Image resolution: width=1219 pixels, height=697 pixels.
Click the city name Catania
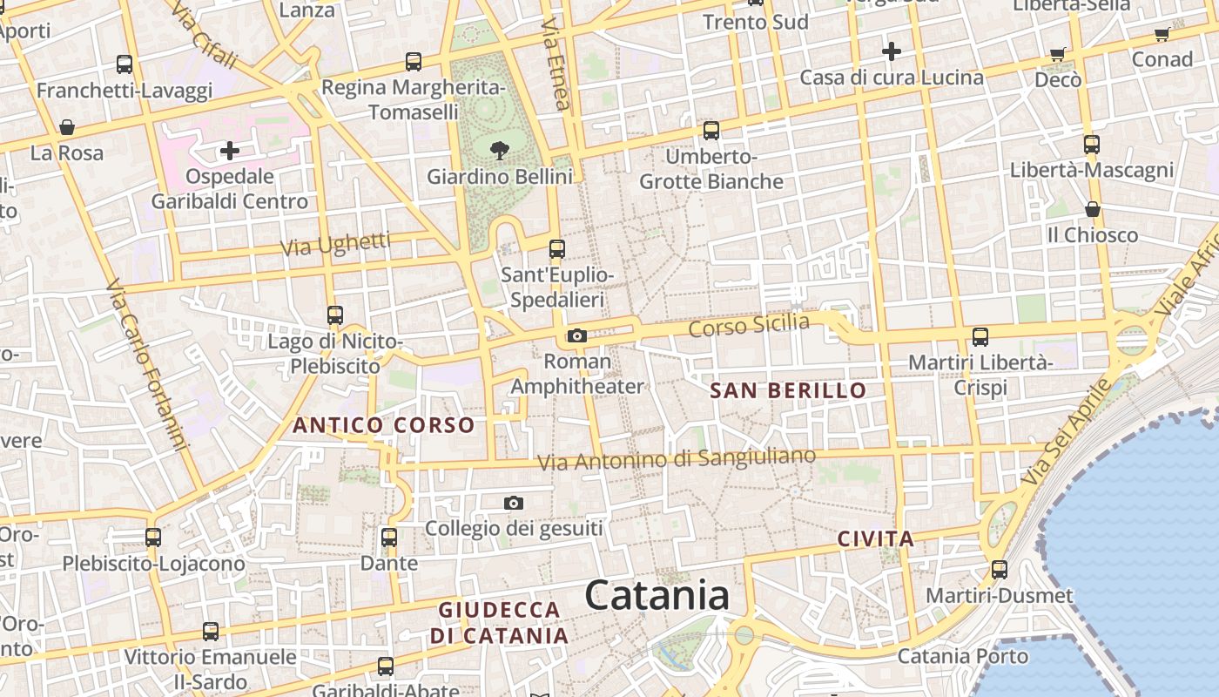657,596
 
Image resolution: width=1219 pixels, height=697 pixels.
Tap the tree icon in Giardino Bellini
500,151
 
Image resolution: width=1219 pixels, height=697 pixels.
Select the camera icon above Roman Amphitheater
576,335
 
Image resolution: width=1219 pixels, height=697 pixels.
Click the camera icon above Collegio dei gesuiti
514,503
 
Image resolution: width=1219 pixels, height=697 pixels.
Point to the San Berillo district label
788,390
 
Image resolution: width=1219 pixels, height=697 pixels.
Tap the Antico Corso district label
383,425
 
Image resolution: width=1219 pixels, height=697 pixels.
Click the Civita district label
876,539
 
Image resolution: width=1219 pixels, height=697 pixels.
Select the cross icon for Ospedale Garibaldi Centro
230,151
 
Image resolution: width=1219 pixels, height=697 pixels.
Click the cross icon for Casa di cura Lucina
892,51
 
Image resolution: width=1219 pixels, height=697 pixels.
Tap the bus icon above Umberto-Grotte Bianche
711,131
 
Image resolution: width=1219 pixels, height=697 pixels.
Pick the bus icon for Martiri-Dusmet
999,570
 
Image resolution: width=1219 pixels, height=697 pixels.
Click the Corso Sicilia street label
749,327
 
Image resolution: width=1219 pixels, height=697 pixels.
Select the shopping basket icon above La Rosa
66,128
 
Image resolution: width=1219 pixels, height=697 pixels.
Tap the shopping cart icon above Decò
1058,55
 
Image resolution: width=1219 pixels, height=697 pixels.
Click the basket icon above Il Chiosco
1092,209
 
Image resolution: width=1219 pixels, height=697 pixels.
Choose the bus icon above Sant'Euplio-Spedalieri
557,249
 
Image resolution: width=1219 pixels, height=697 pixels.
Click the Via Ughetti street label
335,245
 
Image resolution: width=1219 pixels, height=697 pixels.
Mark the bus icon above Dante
389,538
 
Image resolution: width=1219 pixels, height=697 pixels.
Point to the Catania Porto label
962,655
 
